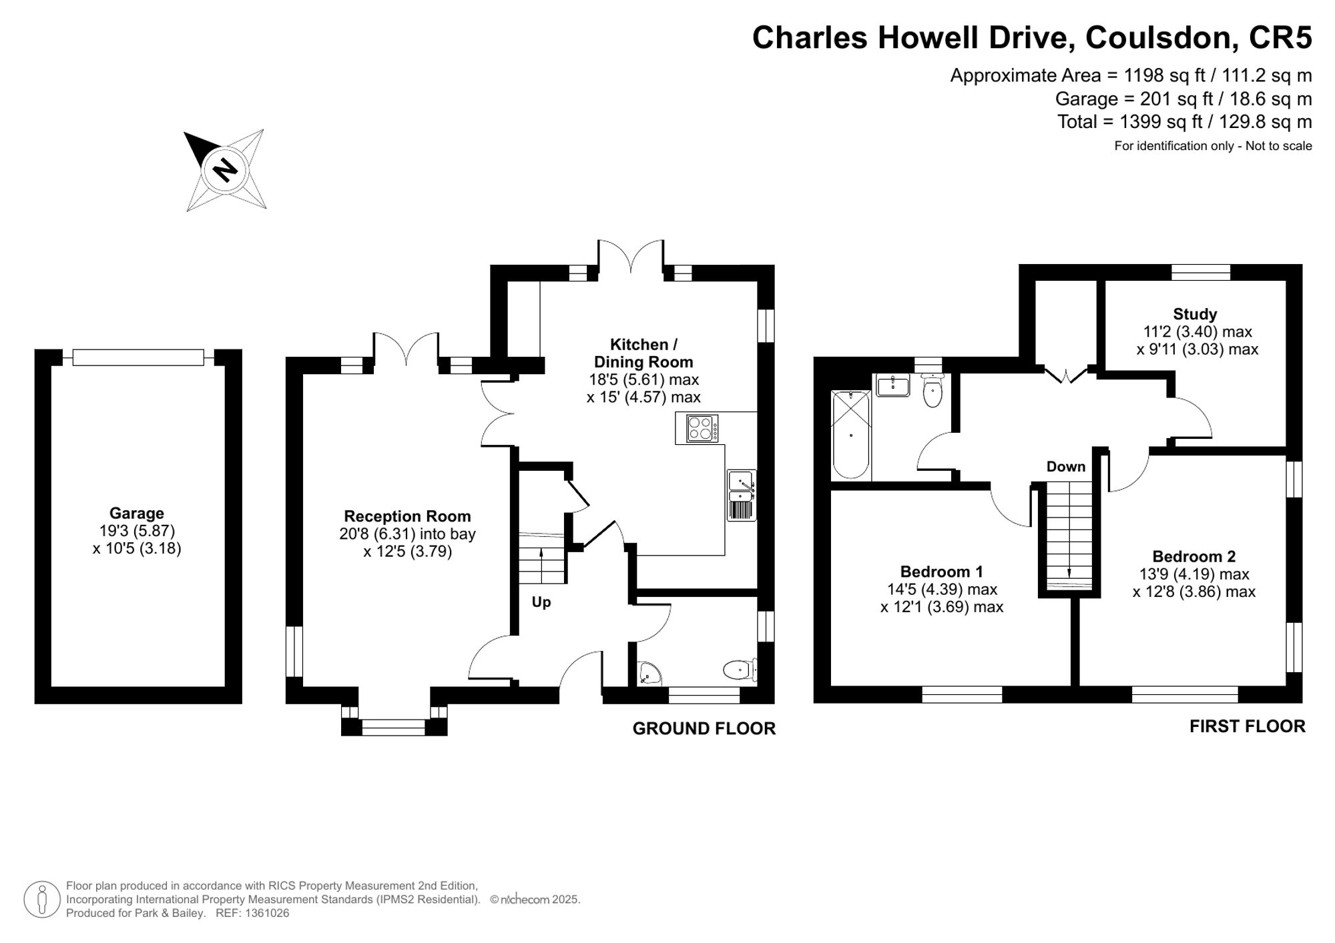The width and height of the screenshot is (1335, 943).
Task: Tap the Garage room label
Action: (x=137, y=514)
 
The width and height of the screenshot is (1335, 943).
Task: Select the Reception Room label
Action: (x=407, y=516)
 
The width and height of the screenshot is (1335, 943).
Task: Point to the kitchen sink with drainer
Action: (x=742, y=495)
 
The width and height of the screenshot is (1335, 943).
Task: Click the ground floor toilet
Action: (x=740, y=670)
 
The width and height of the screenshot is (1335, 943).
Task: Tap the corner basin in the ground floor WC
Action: (x=647, y=674)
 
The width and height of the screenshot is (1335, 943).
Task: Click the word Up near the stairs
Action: (x=541, y=602)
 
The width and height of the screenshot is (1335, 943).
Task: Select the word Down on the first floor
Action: (x=1066, y=467)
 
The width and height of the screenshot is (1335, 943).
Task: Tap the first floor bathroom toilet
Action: (x=932, y=390)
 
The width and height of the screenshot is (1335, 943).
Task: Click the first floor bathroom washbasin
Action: (x=893, y=385)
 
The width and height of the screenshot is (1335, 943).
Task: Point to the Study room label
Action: (x=1195, y=314)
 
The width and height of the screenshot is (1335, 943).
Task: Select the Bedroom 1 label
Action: (x=941, y=572)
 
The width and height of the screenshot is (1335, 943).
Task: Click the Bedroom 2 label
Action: (x=1194, y=556)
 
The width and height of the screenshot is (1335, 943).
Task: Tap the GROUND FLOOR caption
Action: (x=704, y=729)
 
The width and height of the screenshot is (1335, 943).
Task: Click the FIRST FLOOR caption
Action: (x=1248, y=726)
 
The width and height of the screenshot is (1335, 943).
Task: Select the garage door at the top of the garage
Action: (x=138, y=357)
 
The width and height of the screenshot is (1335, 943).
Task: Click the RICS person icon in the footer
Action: (x=42, y=900)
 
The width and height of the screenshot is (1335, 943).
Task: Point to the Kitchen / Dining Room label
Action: (x=643, y=353)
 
